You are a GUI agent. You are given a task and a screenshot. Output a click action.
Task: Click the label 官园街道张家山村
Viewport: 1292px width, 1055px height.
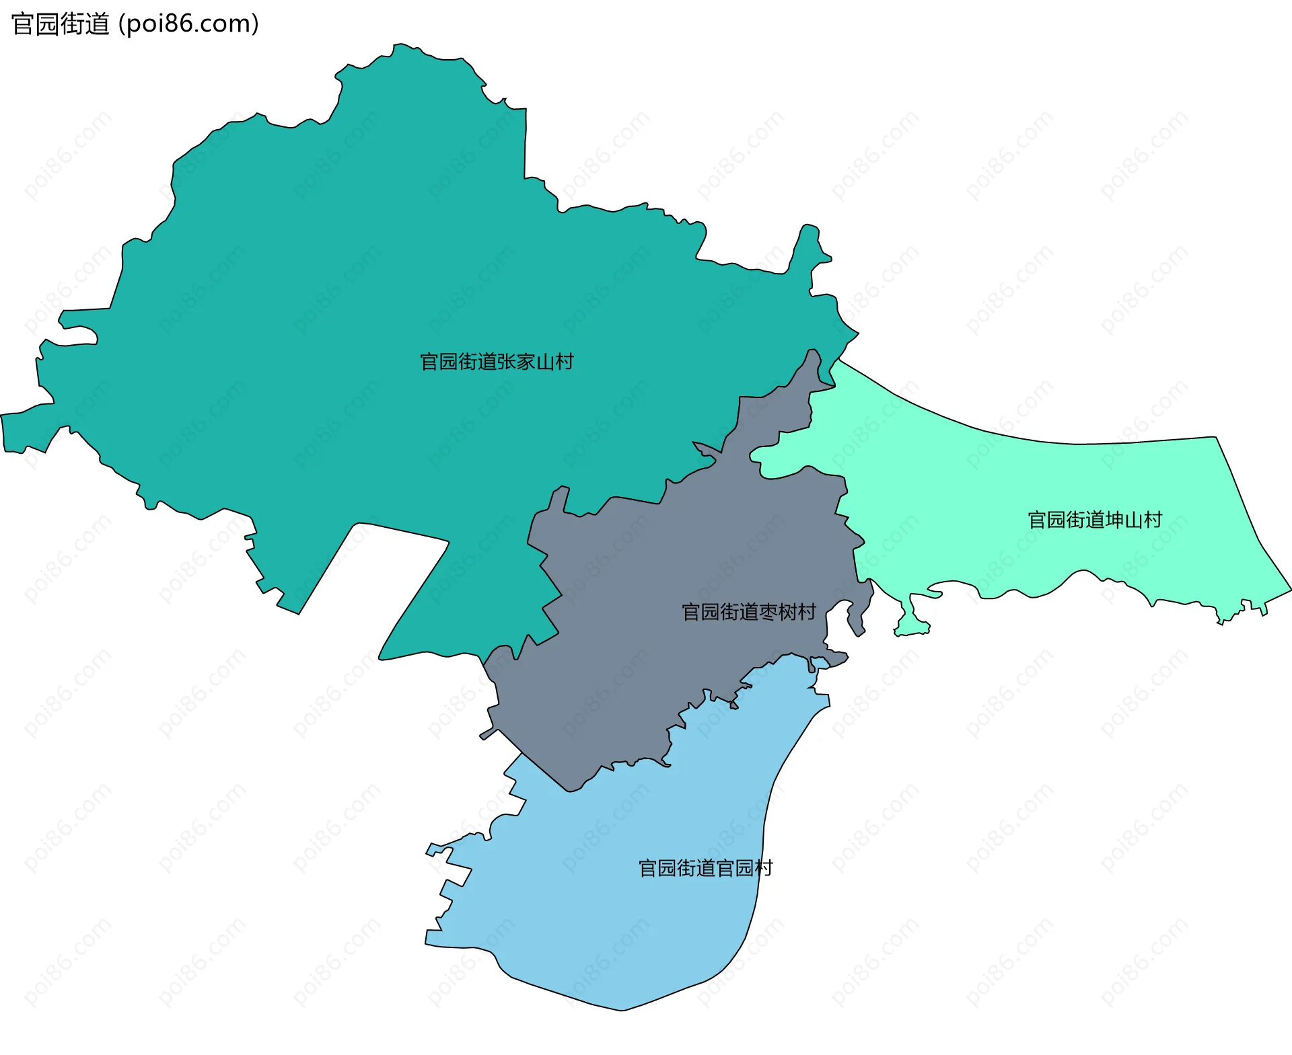(x=497, y=362)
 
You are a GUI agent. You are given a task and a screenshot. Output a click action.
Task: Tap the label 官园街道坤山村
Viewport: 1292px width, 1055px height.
(x=1095, y=520)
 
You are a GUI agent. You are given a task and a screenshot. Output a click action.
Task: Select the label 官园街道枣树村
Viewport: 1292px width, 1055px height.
(x=748, y=612)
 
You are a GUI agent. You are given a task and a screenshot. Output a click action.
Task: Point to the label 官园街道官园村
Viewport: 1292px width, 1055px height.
(x=705, y=868)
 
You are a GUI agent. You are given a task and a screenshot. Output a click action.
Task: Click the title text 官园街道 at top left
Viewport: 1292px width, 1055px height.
(x=61, y=24)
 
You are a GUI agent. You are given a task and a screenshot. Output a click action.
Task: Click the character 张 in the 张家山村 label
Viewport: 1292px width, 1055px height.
(x=507, y=362)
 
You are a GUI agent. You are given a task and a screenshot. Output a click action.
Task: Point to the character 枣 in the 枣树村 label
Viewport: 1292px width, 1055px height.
(x=768, y=612)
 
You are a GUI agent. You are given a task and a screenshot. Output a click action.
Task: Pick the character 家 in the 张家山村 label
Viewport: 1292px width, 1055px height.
(x=526, y=362)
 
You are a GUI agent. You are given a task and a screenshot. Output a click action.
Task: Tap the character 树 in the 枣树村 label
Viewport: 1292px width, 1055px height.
(x=787, y=612)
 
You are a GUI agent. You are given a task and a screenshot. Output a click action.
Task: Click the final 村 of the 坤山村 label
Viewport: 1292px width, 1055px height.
(x=1153, y=520)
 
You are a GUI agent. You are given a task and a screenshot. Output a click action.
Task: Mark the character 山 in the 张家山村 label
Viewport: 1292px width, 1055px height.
(x=545, y=362)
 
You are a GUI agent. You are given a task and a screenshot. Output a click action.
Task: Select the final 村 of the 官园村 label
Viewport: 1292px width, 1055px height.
(x=763, y=868)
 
